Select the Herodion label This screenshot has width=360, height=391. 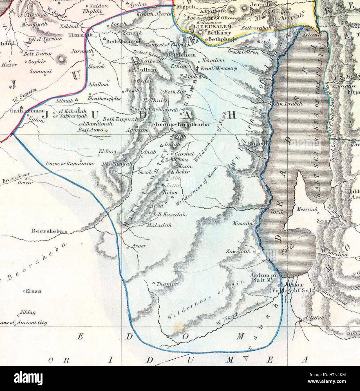(213, 60)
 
